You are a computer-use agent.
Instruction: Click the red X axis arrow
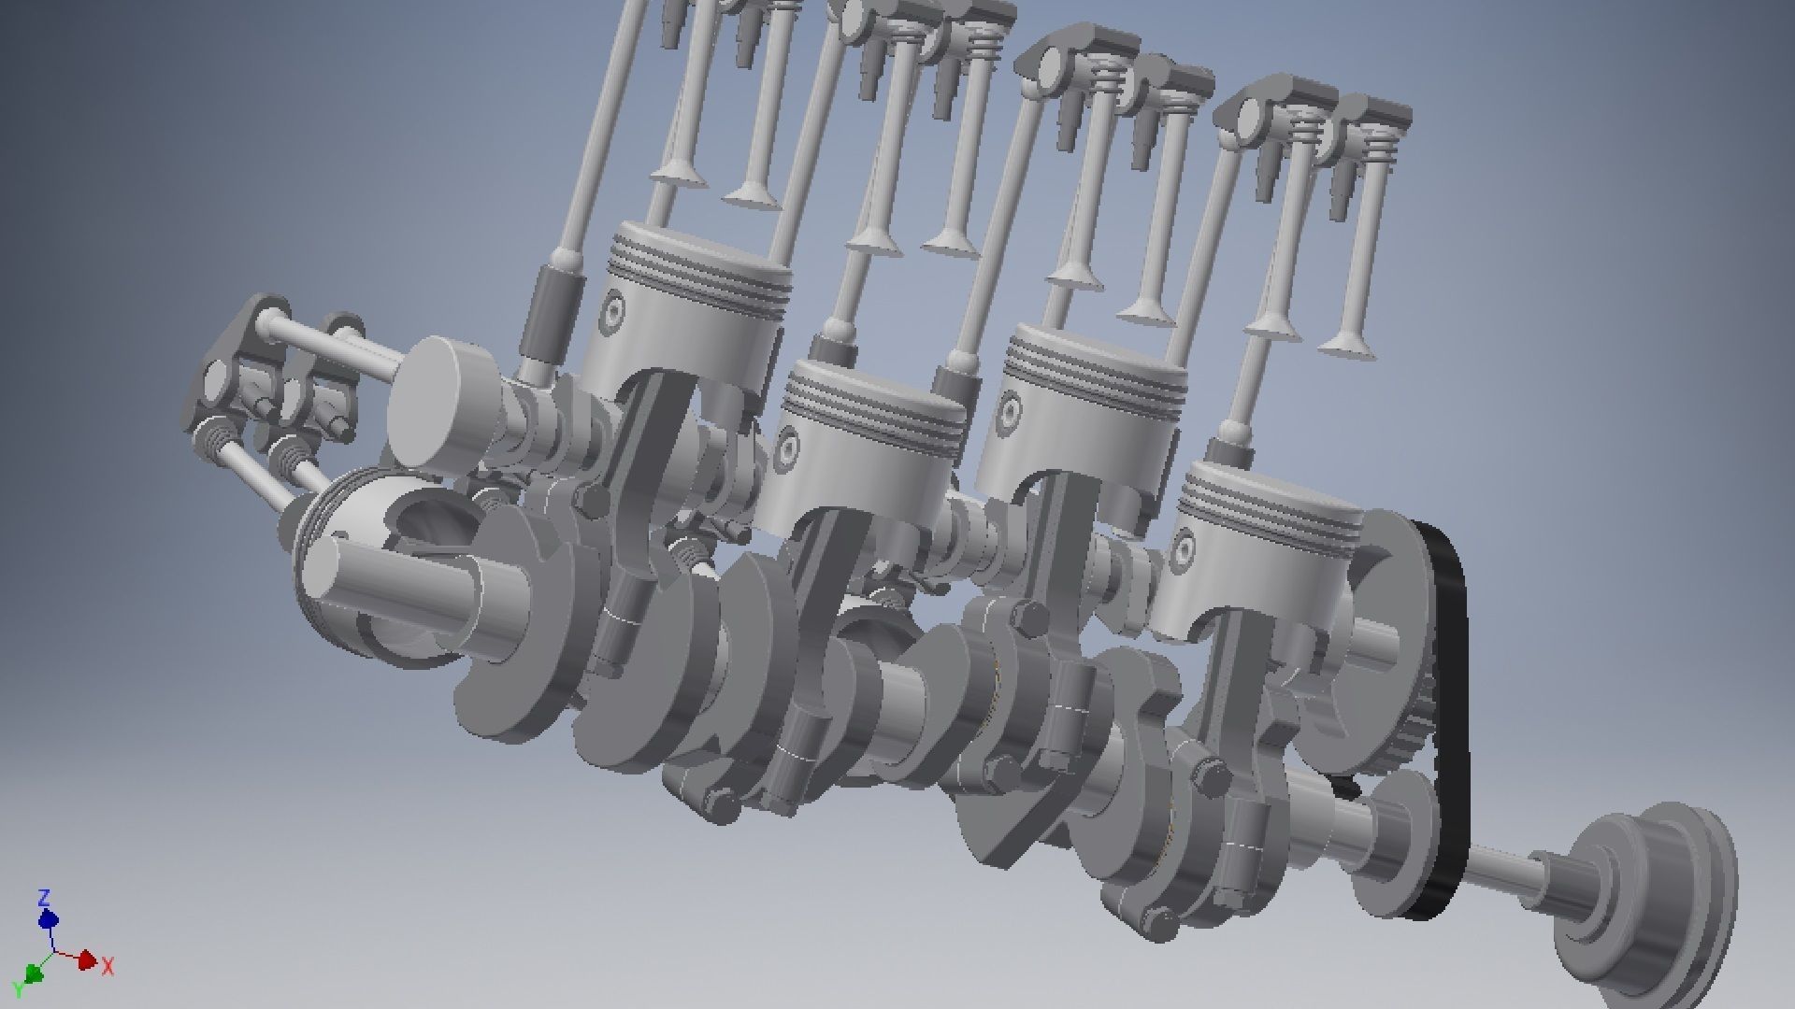(x=85, y=959)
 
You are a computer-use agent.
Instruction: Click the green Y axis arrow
(x=35, y=973)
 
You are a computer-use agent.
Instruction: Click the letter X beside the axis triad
(x=108, y=967)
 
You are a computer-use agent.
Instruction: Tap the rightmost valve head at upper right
(x=1347, y=346)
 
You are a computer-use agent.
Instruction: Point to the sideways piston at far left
(x=374, y=570)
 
